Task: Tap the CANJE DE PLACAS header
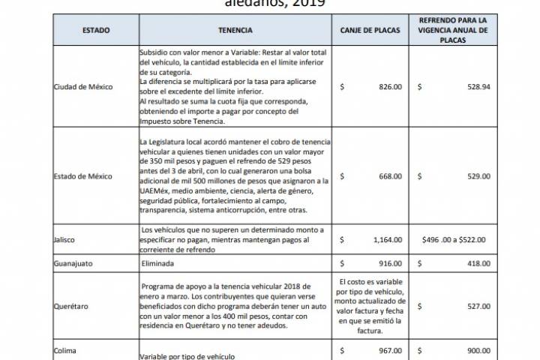(x=370, y=31)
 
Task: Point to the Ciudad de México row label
(x=83, y=87)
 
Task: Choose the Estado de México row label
(x=83, y=177)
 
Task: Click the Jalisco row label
(x=65, y=240)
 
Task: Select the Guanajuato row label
(x=73, y=265)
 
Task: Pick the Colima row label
(x=64, y=349)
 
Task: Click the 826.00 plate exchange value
(x=390, y=87)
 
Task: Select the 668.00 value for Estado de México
(x=390, y=177)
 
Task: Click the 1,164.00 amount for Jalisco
(x=386, y=240)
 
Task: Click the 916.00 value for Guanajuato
(x=390, y=265)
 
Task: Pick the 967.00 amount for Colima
(x=390, y=349)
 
